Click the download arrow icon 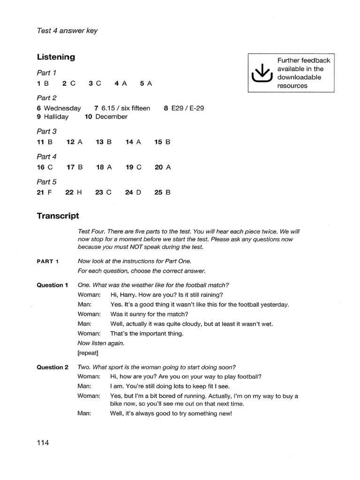click(262, 73)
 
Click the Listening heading click(56, 57)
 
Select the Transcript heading click(58, 216)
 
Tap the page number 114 click(43, 442)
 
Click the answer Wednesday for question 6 click(62, 108)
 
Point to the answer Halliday click(56, 117)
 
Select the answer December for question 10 click(111, 117)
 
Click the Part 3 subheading click(46, 132)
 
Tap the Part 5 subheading click(46, 182)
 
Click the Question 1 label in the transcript click(52, 285)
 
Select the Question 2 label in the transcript click(52, 367)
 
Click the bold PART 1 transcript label click(48, 261)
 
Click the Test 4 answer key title click(67, 31)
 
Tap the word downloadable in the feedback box click(299, 77)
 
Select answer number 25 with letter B click(162, 192)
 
